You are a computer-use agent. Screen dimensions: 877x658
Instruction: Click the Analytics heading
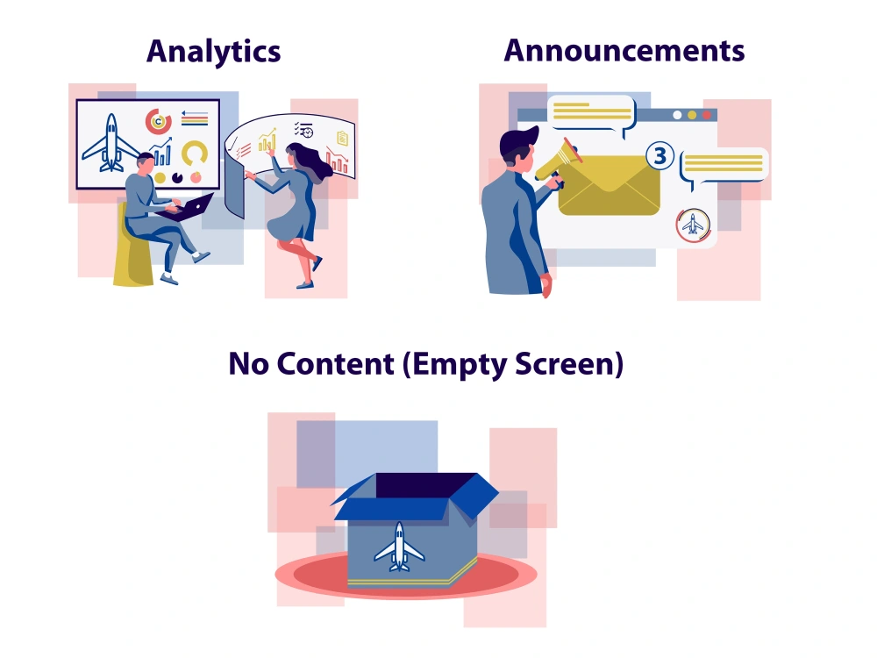[214, 52]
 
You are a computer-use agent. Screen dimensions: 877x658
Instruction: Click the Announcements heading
[624, 50]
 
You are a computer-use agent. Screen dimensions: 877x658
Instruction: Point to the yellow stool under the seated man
[132, 247]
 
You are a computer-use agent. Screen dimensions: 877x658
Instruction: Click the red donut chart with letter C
[158, 121]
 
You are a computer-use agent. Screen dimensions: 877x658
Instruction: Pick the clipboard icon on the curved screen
[342, 138]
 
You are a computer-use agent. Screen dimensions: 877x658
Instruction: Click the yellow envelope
[610, 185]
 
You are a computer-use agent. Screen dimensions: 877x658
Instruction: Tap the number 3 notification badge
[660, 155]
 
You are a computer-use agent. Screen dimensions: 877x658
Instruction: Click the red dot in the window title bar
[706, 115]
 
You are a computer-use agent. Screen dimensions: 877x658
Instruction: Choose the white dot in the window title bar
[677, 115]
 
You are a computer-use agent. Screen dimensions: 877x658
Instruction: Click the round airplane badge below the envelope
[693, 225]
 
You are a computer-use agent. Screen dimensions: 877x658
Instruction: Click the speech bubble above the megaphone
[592, 114]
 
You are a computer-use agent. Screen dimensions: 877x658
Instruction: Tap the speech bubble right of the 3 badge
[724, 166]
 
